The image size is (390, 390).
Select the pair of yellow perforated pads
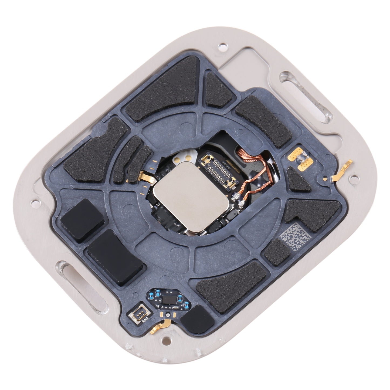click(296, 160)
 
